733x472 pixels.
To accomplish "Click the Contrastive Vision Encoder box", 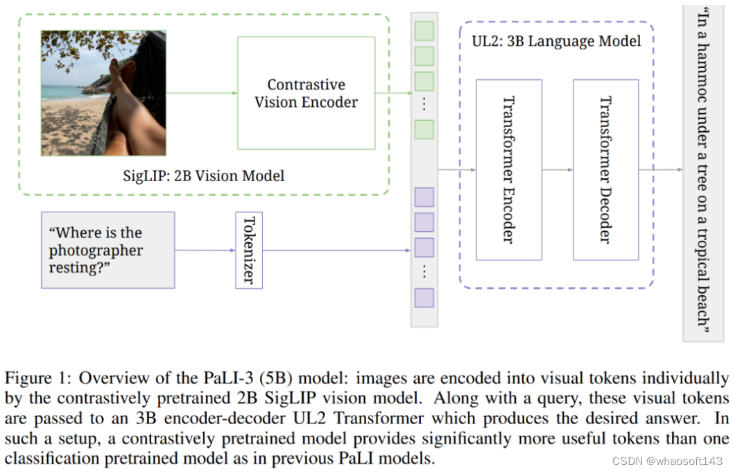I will click(x=306, y=93).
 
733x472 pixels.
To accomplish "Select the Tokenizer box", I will click(x=249, y=251).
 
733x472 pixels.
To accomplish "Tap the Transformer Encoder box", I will click(x=508, y=170).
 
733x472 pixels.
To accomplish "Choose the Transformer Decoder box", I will click(x=605, y=170).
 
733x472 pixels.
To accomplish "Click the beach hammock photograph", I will click(x=103, y=93).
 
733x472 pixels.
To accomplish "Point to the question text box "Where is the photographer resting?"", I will click(x=107, y=250).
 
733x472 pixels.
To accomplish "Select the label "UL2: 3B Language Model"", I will click(x=555, y=40).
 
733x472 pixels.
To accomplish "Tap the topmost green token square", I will click(x=424, y=31).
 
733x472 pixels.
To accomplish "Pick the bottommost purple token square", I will click(x=424, y=298).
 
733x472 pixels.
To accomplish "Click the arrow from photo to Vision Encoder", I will click(x=201, y=93).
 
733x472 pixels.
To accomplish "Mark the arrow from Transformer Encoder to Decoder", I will click(x=557, y=170).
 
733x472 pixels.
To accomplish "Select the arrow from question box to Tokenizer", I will click(x=205, y=251).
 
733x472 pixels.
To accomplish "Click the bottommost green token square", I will click(x=424, y=129).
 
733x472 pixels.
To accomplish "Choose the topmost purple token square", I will click(x=424, y=197).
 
